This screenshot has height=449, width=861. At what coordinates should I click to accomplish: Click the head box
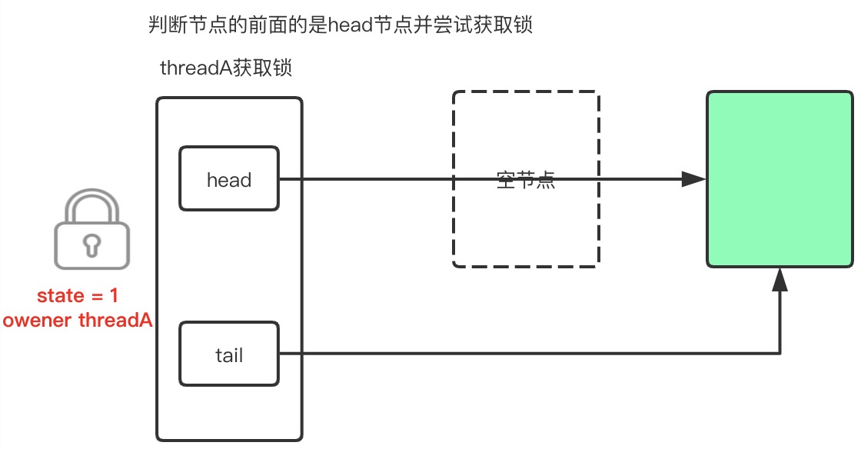pos(229,180)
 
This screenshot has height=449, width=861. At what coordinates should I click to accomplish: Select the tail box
pos(229,355)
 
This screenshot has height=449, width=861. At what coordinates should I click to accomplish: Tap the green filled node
pos(780,178)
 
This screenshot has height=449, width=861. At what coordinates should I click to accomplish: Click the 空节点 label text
pos(526,182)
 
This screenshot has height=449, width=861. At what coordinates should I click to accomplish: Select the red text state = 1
pos(78,296)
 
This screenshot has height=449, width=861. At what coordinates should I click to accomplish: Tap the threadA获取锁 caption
pos(225,68)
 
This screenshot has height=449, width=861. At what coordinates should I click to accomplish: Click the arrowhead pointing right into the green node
pos(694,180)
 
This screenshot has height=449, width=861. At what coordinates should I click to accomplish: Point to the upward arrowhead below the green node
pos(780,279)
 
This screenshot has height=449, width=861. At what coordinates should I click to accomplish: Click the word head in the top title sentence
pos(350,26)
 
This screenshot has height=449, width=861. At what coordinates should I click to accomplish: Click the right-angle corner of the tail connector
pos(780,354)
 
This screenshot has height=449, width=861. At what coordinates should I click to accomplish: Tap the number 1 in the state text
pos(113,296)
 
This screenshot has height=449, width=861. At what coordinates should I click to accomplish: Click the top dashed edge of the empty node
pos(526,93)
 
